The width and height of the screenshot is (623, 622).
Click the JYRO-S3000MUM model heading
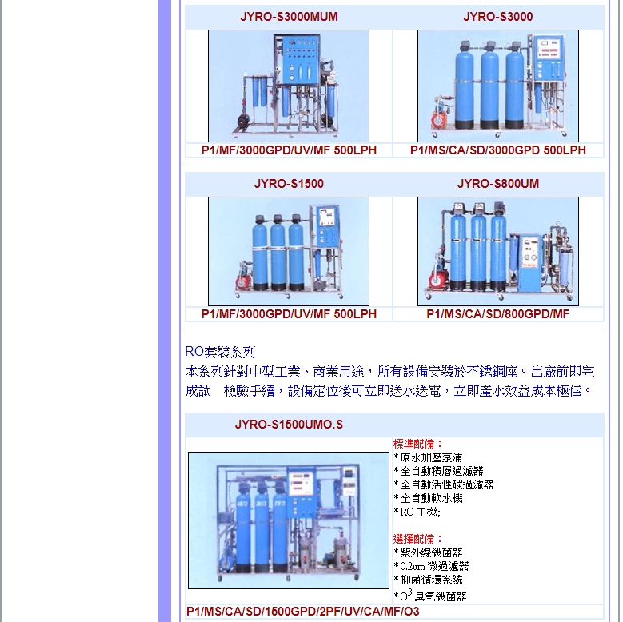(289, 17)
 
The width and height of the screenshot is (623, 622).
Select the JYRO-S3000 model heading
(498, 17)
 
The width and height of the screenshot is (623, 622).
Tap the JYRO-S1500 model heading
(289, 184)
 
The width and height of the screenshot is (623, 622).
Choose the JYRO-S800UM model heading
(498, 184)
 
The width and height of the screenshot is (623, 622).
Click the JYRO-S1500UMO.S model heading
(289, 425)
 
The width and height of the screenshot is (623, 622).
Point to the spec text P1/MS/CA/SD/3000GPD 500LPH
(498, 150)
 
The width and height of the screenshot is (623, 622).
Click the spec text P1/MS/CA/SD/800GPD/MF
(498, 314)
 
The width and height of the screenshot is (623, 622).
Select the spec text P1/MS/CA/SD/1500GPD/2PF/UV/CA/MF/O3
(303, 612)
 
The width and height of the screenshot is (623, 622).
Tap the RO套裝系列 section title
(220, 352)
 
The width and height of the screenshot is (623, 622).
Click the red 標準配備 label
(417, 444)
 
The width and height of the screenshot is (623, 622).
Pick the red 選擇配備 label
(417, 539)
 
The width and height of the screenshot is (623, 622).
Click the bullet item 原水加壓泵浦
(429, 457)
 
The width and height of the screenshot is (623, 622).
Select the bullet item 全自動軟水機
(429, 498)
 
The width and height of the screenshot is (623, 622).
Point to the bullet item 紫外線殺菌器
(429, 552)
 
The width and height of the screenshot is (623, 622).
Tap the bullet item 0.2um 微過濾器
(432, 566)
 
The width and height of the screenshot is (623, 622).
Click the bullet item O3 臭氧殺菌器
(430, 596)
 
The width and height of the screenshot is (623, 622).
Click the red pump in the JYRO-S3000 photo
(439, 115)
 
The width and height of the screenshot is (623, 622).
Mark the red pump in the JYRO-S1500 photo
(243, 279)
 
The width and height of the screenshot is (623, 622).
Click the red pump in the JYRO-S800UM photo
(437, 278)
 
